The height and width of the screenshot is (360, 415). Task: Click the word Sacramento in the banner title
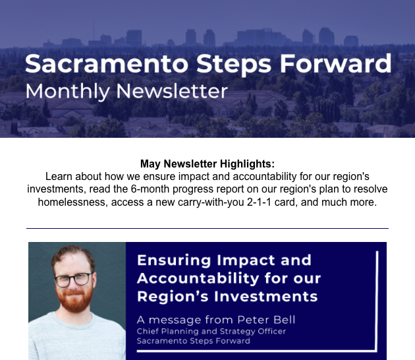pyautogui.click(x=107, y=63)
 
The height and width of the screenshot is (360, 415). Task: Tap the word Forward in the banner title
pyautogui.click(x=335, y=63)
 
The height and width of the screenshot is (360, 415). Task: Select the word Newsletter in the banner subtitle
pyautogui.click(x=172, y=91)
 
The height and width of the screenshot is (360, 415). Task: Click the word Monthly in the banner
pyautogui.click(x=67, y=92)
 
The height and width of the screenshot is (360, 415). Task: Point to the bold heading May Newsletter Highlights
pyautogui.click(x=207, y=164)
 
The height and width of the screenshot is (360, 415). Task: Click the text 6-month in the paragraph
pyautogui.click(x=150, y=189)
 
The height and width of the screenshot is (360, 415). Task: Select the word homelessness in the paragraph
pyautogui.click(x=72, y=202)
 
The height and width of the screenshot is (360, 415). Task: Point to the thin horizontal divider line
pyautogui.click(x=207, y=228)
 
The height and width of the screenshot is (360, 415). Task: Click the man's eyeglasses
pyautogui.click(x=73, y=280)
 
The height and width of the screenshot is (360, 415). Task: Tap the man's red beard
pyautogui.click(x=74, y=299)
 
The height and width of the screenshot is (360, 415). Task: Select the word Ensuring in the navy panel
pyautogui.click(x=174, y=260)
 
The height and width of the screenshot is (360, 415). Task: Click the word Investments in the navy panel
pyautogui.click(x=265, y=296)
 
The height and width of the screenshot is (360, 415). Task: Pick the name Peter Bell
pyautogui.click(x=266, y=320)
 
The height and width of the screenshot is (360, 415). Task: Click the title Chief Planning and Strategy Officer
pyautogui.click(x=211, y=332)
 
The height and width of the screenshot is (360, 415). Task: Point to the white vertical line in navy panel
pyautogui.click(x=377, y=301)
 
